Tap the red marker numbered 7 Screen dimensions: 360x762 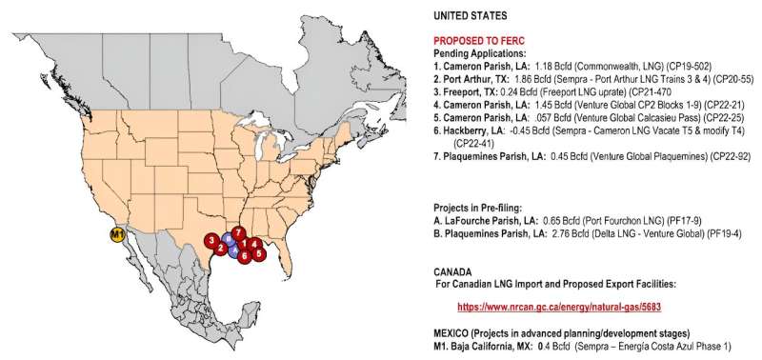pos(239,233)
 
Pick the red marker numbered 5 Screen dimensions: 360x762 pos(260,254)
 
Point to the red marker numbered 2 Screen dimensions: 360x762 pos(221,249)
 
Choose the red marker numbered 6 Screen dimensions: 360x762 pos(245,255)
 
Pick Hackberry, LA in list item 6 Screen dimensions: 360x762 pos(466,130)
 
